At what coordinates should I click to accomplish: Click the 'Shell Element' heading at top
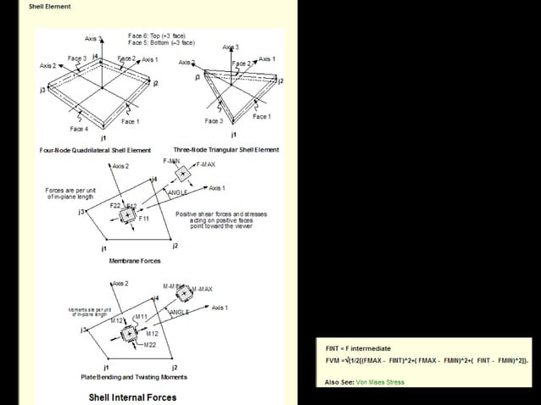[x=50, y=7]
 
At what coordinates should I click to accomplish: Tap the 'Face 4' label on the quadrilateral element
[x=78, y=129]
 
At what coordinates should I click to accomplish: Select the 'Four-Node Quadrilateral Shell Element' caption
[x=95, y=150]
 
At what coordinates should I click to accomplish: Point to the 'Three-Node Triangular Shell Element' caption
[x=226, y=150]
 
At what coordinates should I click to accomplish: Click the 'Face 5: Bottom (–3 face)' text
[x=161, y=42]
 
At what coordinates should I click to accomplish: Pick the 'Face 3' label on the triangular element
[x=213, y=121]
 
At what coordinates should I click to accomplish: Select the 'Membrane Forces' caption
[x=130, y=261]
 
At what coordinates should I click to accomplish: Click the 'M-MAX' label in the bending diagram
[x=201, y=290]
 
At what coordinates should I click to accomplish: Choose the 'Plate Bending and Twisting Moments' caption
[x=134, y=376]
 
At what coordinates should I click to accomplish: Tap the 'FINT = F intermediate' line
[x=358, y=348]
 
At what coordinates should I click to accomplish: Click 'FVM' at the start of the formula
[x=333, y=360]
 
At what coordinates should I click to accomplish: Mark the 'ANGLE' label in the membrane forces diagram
[x=179, y=193]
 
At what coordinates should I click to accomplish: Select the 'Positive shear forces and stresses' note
[x=220, y=214]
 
